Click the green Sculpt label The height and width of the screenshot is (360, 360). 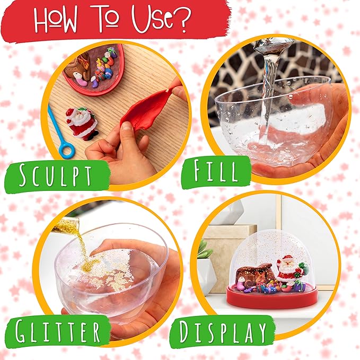[55, 175]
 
